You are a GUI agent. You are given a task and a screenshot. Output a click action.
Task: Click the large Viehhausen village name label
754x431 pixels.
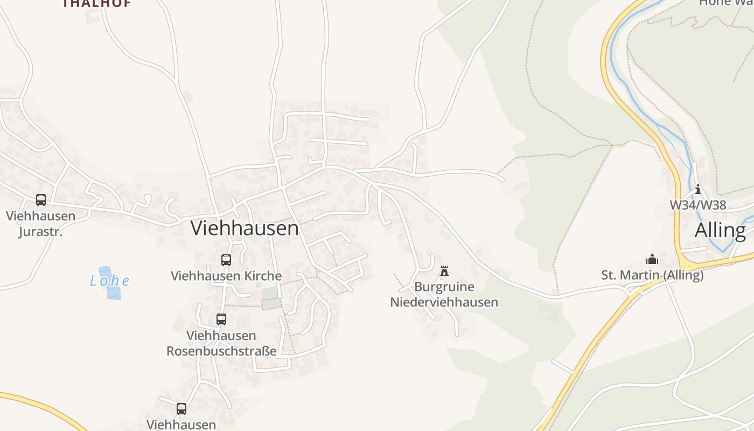pyautogui.click(x=245, y=228)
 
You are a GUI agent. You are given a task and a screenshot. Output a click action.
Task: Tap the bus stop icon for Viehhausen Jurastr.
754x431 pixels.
pyautogui.click(x=41, y=200)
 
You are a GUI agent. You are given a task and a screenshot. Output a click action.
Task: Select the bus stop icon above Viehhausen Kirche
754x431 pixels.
pyautogui.click(x=226, y=260)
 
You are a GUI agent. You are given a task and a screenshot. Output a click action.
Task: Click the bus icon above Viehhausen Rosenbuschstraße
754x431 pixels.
pyautogui.click(x=221, y=319)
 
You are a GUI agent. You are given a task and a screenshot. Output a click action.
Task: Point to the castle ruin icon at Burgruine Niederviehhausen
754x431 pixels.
pyautogui.click(x=444, y=271)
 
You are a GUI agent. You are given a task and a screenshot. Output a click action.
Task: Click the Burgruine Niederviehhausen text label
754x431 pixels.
pyautogui.click(x=444, y=295)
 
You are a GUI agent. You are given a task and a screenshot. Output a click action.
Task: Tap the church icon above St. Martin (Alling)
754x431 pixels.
pyautogui.click(x=652, y=260)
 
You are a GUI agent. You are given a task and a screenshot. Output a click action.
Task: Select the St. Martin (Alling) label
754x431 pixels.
pyautogui.click(x=652, y=275)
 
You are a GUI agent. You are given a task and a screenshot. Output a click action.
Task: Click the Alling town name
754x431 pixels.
pyautogui.click(x=720, y=231)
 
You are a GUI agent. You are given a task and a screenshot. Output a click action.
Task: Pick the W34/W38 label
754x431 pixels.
pyautogui.click(x=698, y=205)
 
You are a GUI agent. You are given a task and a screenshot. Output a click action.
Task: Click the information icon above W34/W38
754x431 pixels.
pyautogui.click(x=698, y=189)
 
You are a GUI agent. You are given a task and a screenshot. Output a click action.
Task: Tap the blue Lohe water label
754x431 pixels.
pyautogui.click(x=110, y=281)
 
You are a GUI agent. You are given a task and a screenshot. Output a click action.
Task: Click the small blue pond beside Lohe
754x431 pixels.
pyautogui.click(x=113, y=291)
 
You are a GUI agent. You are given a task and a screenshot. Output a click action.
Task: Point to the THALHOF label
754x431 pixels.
pyautogui.click(x=97, y=3)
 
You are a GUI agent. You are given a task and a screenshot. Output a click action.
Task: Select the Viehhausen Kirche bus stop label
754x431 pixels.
pyautogui.click(x=226, y=276)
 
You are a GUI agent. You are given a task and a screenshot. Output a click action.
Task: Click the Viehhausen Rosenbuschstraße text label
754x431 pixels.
pyautogui.click(x=221, y=343)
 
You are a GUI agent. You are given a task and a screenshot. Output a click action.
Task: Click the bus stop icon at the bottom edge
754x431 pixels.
pyautogui.click(x=181, y=409)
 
